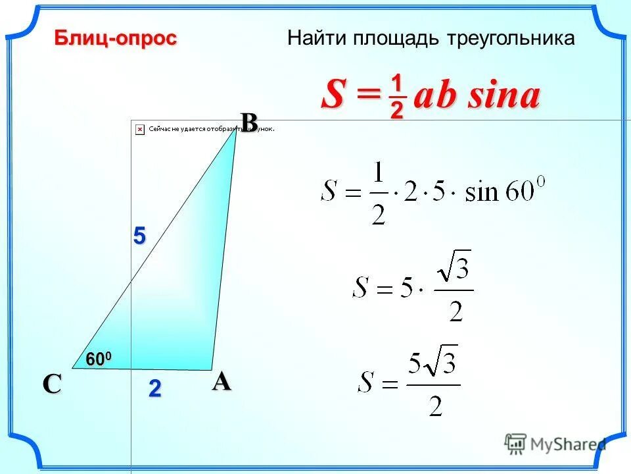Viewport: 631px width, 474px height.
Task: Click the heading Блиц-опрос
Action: [x=115, y=39]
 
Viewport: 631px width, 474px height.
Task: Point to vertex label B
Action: [x=248, y=122]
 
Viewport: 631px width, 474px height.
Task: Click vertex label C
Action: [x=52, y=384]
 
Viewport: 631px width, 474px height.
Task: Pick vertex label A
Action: [x=222, y=381]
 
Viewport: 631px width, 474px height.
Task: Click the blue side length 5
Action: [x=139, y=236]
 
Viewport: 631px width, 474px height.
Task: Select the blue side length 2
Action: [x=154, y=388]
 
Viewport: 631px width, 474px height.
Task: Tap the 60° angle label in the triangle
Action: [x=99, y=359]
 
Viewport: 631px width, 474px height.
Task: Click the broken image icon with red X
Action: [x=139, y=130]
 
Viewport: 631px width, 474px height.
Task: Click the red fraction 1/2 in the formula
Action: [x=396, y=97]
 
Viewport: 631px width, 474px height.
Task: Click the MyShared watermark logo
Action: [x=555, y=443]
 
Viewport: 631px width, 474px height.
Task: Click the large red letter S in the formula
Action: [x=333, y=97]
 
